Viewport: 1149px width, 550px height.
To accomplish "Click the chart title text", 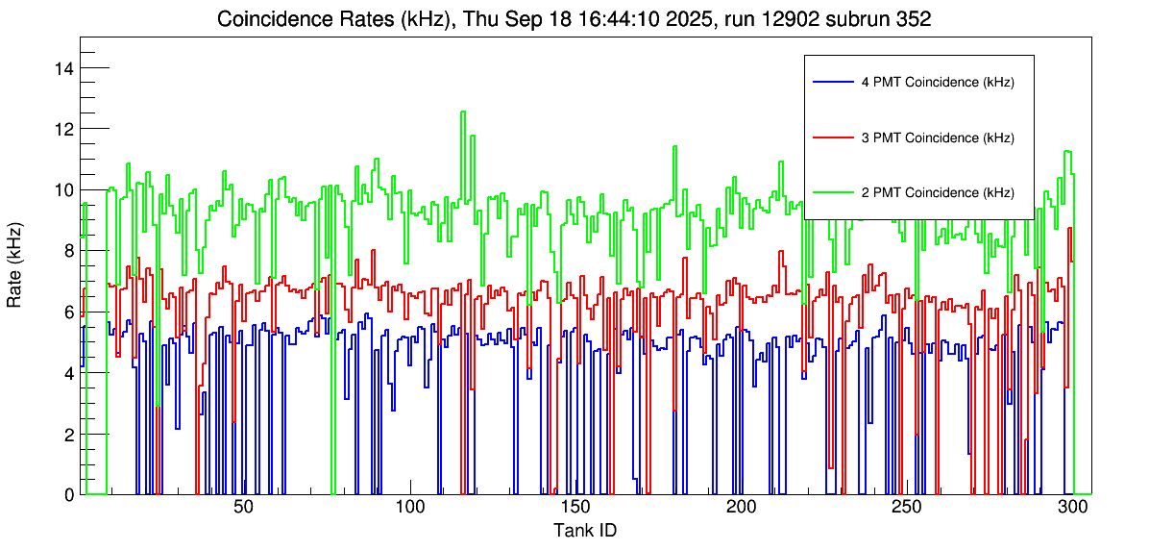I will point(574,19).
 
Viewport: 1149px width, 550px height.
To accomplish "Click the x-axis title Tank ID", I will point(584,530).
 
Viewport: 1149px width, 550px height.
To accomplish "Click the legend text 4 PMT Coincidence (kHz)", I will point(938,83).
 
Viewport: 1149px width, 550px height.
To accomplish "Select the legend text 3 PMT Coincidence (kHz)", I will point(938,138).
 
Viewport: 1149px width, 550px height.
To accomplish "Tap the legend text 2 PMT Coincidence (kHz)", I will point(938,193).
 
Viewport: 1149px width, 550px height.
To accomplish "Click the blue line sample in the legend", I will point(832,83).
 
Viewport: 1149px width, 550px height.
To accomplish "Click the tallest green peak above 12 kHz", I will point(463,112).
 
